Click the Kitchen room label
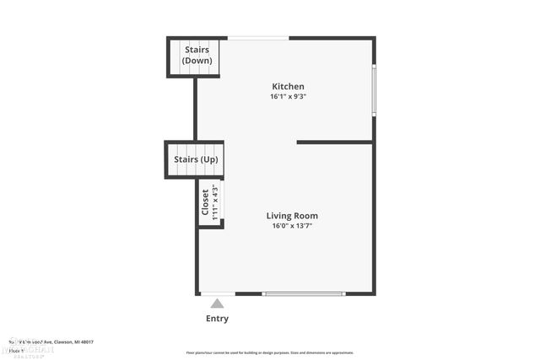click(x=288, y=87)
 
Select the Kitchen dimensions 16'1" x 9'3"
click(x=288, y=96)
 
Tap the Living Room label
click(x=294, y=216)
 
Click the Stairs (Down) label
click(x=197, y=55)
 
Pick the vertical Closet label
click(x=205, y=202)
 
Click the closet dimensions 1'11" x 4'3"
click(x=215, y=202)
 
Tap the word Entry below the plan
click(x=217, y=319)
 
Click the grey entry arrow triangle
click(x=218, y=304)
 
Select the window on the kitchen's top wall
click(x=258, y=38)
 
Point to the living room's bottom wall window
click(x=304, y=293)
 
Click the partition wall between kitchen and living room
click(x=335, y=142)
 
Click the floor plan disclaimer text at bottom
click(x=270, y=352)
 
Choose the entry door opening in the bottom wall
click(x=218, y=293)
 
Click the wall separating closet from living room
click(x=223, y=202)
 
